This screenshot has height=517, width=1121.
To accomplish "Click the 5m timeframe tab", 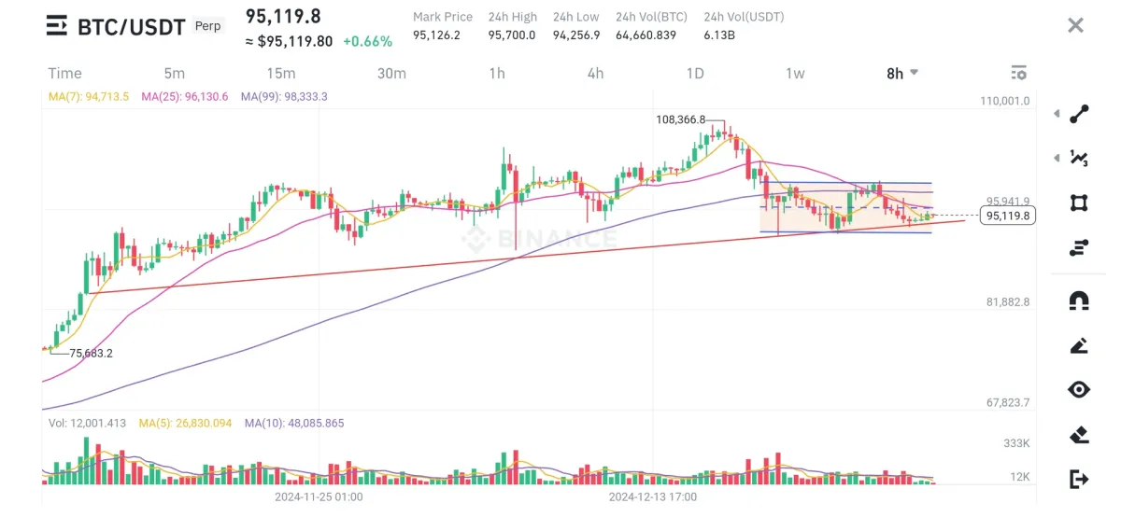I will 174,74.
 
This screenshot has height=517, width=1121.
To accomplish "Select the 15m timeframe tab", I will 280,74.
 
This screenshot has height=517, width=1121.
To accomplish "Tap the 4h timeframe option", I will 595,74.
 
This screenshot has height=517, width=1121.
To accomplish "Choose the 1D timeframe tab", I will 694,74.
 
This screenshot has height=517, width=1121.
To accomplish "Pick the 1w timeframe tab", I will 795,74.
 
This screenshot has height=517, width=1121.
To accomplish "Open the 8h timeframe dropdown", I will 901,74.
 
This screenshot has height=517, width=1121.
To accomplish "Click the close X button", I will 1075,25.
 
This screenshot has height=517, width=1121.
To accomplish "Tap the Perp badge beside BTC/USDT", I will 208,26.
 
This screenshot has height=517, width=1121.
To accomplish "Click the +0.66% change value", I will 367,42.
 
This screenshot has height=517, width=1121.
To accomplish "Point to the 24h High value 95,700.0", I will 512,35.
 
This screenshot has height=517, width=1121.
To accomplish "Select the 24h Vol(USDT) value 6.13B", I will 721,35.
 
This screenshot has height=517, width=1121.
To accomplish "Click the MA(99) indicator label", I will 284,96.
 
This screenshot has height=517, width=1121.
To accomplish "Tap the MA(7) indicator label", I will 89,96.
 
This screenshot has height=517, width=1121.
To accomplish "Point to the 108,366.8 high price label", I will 680,119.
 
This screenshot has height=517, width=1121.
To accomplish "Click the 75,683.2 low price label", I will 91,353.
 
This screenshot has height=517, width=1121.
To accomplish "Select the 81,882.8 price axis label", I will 1006,302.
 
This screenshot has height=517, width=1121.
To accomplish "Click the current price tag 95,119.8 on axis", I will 1008,216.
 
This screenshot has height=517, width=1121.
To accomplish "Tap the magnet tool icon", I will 1079,300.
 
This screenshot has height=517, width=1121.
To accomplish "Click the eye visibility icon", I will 1079,389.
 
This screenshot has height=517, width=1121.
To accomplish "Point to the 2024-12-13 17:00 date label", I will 653,497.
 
